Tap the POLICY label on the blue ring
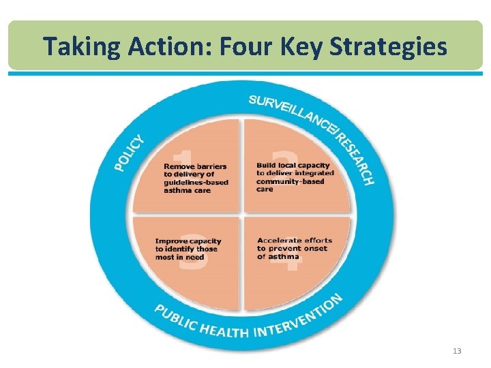pyautogui.click(x=129, y=153)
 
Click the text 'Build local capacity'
pyautogui.click(x=293, y=165)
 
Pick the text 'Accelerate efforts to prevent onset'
pyautogui.click(x=294, y=244)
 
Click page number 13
pyautogui.click(x=457, y=351)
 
